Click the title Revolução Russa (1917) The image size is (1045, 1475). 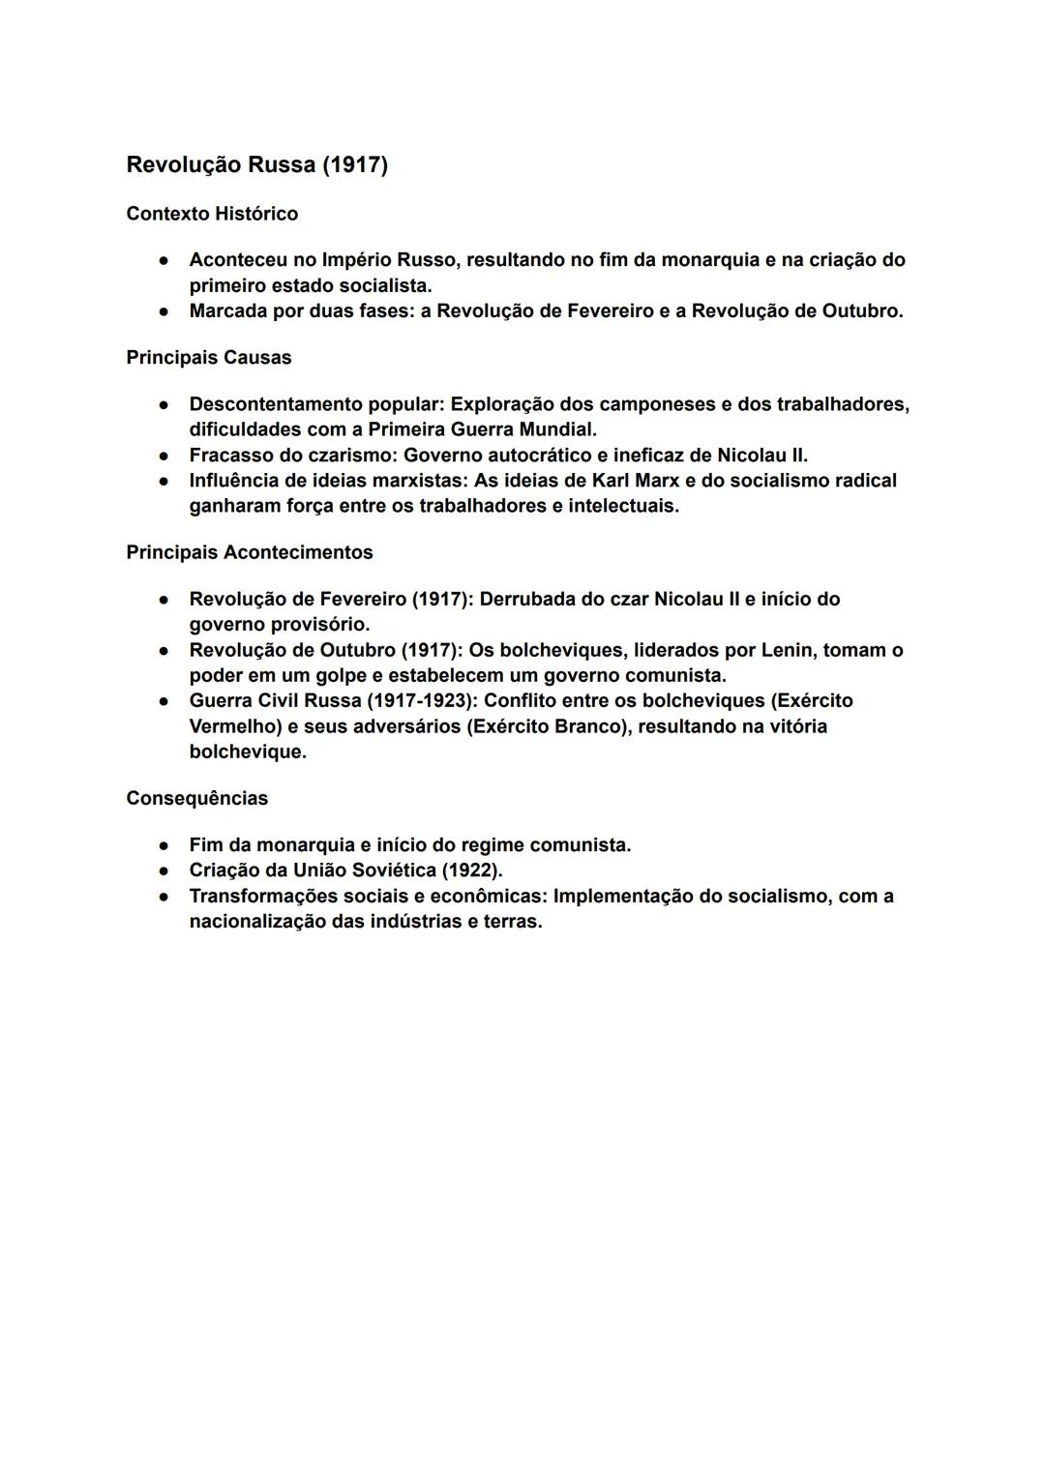pos(256,165)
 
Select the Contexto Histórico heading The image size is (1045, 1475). pos(212,214)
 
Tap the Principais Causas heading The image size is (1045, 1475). pos(208,358)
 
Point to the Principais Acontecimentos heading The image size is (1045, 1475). pos(249,552)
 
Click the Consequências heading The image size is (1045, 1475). pos(196,798)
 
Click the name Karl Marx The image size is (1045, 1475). pos(638,481)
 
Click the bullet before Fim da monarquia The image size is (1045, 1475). pos(165,845)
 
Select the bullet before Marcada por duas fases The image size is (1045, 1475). pos(165,311)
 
